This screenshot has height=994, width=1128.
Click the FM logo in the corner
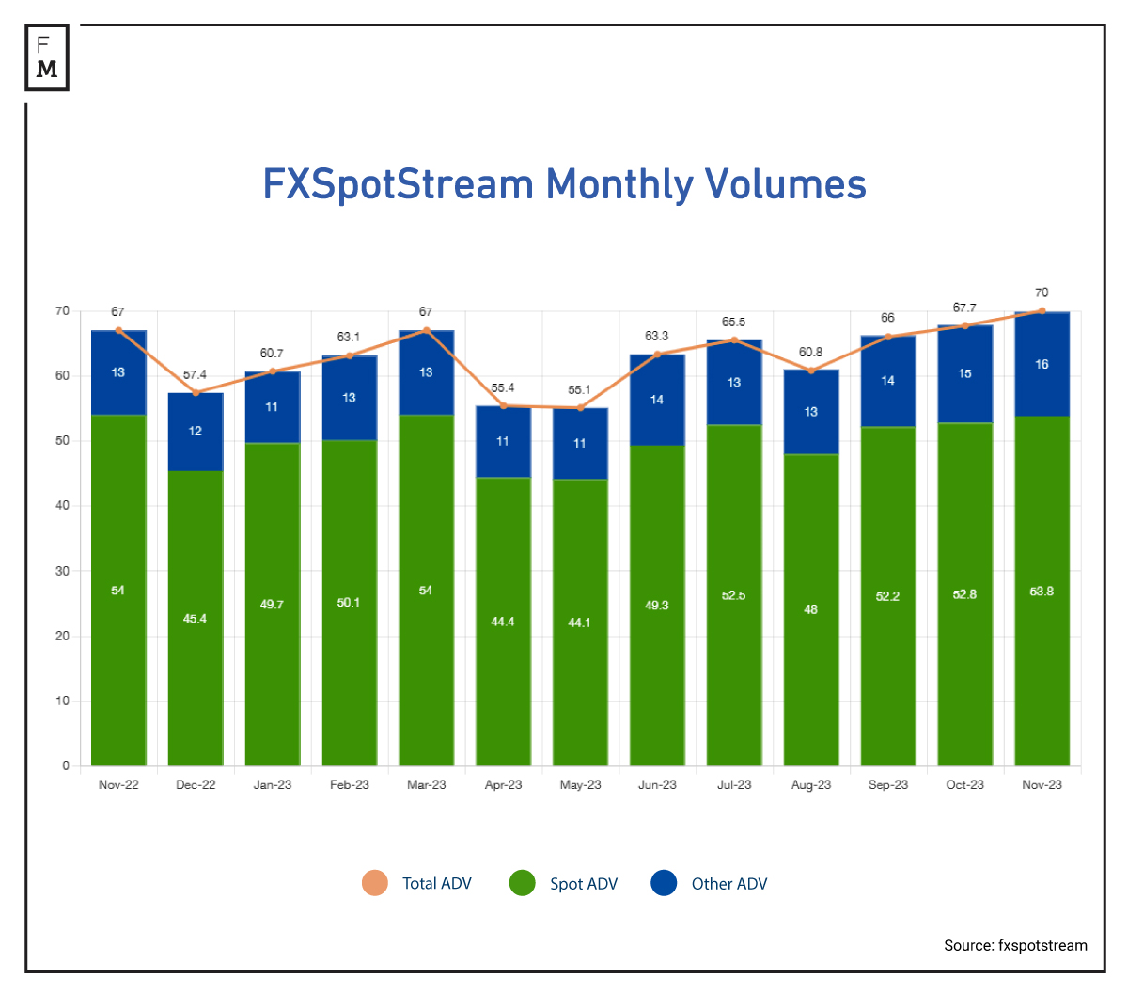[x=47, y=57]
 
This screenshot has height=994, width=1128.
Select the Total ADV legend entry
[x=417, y=883]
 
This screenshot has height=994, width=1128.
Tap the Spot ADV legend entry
[x=564, y=883]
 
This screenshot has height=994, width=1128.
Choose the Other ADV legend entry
[x=710, y=883]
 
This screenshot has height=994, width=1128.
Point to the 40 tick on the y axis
[x=62, y=505]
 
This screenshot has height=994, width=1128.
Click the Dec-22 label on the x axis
[x=196, y=784]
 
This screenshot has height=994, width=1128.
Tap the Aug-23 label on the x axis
[x=811, y=784]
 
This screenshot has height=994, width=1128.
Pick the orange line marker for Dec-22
[x=196, y=392]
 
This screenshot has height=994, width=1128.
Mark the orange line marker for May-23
[x=580, y=407]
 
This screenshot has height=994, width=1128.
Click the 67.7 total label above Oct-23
[x=964, y=308]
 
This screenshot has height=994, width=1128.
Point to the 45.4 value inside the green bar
[x=195, y=619]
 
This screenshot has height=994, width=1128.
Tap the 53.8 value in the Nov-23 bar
[x=1042, y=592]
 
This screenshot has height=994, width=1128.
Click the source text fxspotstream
[x=1015, y=945]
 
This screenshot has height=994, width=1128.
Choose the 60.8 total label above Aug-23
[x=811, y=352]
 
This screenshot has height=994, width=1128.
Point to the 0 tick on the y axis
[x=66, y=765]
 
